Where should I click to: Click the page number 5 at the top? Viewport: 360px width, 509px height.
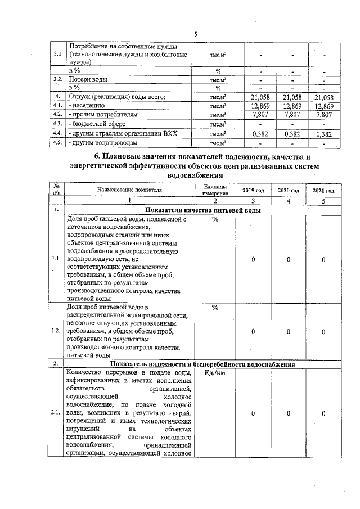[195, 34]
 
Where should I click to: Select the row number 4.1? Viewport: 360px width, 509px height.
[57, 105]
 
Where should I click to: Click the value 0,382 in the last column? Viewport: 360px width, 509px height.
[323, 133]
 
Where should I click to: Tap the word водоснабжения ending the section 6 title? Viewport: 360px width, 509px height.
[195, 174]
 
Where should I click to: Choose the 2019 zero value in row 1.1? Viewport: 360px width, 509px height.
[253, 259]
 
